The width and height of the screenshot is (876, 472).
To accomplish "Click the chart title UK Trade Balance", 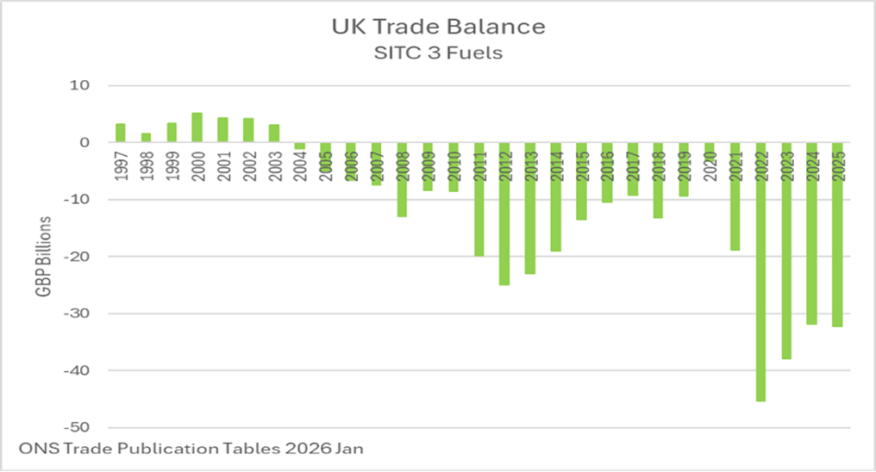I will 438,27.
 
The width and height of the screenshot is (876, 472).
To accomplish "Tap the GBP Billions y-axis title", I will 43,256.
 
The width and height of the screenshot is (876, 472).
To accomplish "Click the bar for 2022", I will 760,271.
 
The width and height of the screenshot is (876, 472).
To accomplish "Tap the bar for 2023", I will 786,251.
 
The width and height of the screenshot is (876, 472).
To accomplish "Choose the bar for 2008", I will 402,179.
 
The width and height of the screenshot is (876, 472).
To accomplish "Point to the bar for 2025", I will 837,234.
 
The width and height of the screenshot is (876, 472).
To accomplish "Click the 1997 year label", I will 121,165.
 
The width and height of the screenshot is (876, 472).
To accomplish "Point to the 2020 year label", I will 710,165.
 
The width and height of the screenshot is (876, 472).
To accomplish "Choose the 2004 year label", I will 300,165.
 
